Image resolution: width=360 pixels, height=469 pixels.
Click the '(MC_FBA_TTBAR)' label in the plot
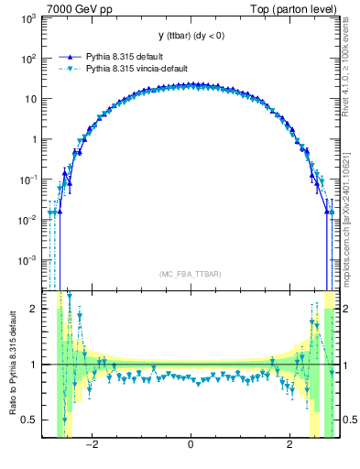pos(190,274)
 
